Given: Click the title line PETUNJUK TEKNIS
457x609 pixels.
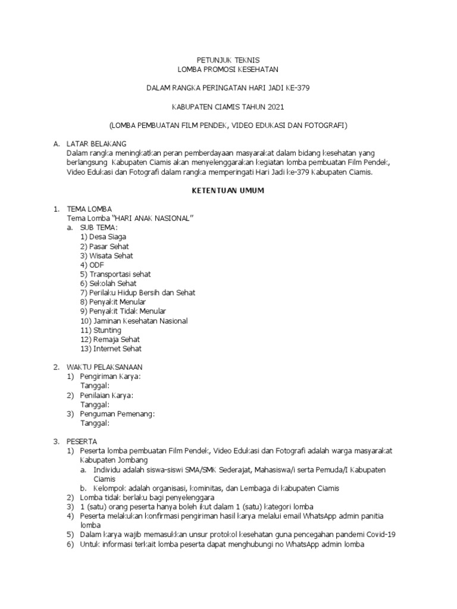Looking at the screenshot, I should pos(228,61).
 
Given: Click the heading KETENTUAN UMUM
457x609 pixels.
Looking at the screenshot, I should pos(228,192).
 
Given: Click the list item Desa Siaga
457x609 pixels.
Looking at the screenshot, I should pos(107,237).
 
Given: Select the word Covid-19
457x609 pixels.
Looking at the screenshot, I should pos(379,534).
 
